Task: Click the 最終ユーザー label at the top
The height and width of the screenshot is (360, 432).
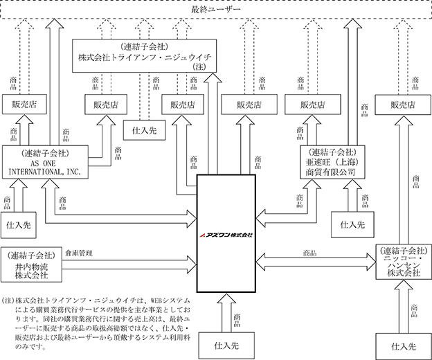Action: pos(216,10)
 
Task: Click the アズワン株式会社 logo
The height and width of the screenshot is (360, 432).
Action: pos(226,235)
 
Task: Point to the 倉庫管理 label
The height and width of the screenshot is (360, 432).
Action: pos(79,253)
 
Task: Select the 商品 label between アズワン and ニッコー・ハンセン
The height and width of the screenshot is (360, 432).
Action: pos(309,253)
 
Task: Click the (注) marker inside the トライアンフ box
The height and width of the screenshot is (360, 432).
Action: pos(199,66)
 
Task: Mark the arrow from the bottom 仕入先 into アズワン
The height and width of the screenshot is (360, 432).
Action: pos(226,313)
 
